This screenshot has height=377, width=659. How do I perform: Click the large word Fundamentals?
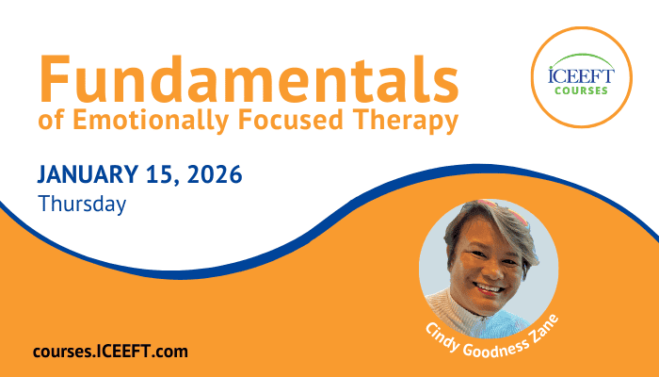(x=249, y=79)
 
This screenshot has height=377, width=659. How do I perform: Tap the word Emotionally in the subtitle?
(x=151, y=121)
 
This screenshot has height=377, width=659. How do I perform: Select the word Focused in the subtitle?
(x=291, y=120)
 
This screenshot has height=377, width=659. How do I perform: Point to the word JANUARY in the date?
(x=88, y=174)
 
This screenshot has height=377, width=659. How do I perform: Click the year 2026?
(x=215, y=174)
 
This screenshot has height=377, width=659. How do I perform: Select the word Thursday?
(x=82, y=205)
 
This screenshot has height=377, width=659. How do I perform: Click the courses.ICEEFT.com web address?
(x=110, y=352)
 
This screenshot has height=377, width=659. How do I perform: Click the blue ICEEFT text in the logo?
(x=581, y=75)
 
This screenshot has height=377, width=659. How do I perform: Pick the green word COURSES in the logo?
(x=581, y=90)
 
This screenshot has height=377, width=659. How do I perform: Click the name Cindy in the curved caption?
(x=442, y=337)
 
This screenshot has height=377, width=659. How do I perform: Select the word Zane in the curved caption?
(x=544, y=328)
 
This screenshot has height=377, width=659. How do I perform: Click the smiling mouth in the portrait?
(x=489, y=289)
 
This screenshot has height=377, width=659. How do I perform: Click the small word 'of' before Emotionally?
(x=51, y=121)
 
